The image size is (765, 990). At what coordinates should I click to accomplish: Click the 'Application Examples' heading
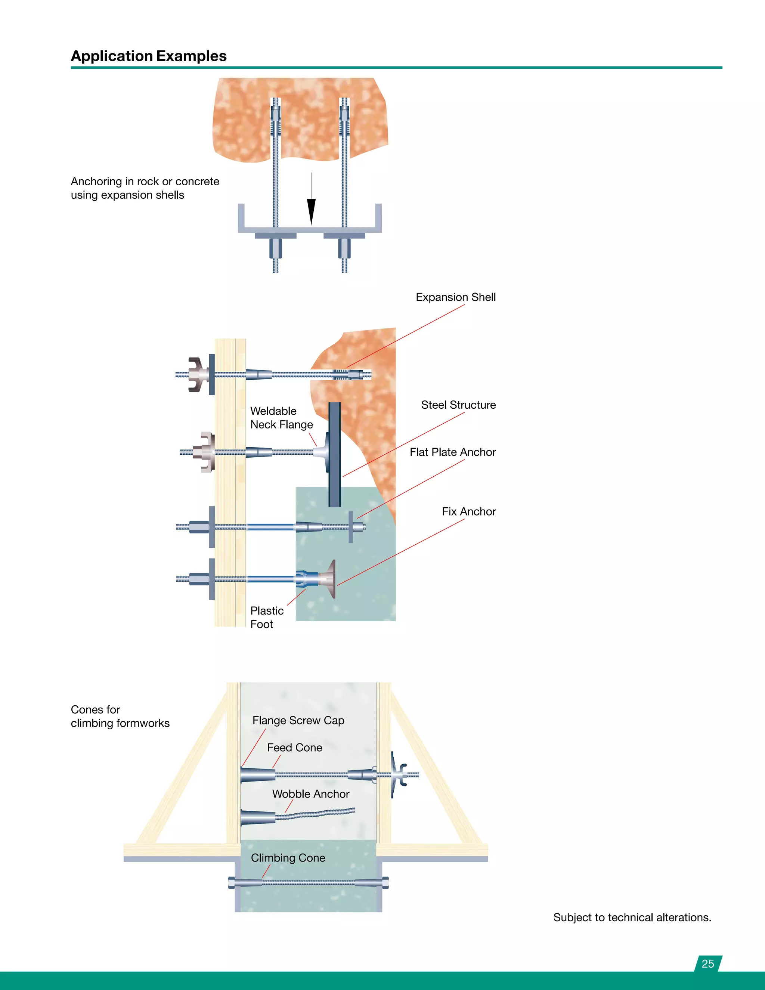click(x=149, y=56)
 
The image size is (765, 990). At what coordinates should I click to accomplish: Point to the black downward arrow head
click(x=312, y=211)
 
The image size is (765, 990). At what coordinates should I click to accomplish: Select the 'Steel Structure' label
click(x=458, y=405)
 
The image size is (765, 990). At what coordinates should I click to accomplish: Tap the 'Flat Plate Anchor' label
click(x=452, y=452)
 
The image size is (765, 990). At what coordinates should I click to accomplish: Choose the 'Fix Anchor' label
click(x=469, y=511)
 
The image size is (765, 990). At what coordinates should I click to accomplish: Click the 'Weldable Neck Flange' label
click(x=281, y=418)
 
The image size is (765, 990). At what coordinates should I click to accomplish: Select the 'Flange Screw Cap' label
click(x=298, y=720)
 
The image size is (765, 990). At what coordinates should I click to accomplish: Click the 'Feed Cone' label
click(x=295, y=748)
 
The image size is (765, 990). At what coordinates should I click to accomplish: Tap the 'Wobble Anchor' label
click(x=310, y=794)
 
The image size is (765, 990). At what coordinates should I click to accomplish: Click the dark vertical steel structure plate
click(x=334, y=453)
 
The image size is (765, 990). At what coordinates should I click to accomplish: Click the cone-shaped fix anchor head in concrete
click(x=329, y=579)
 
